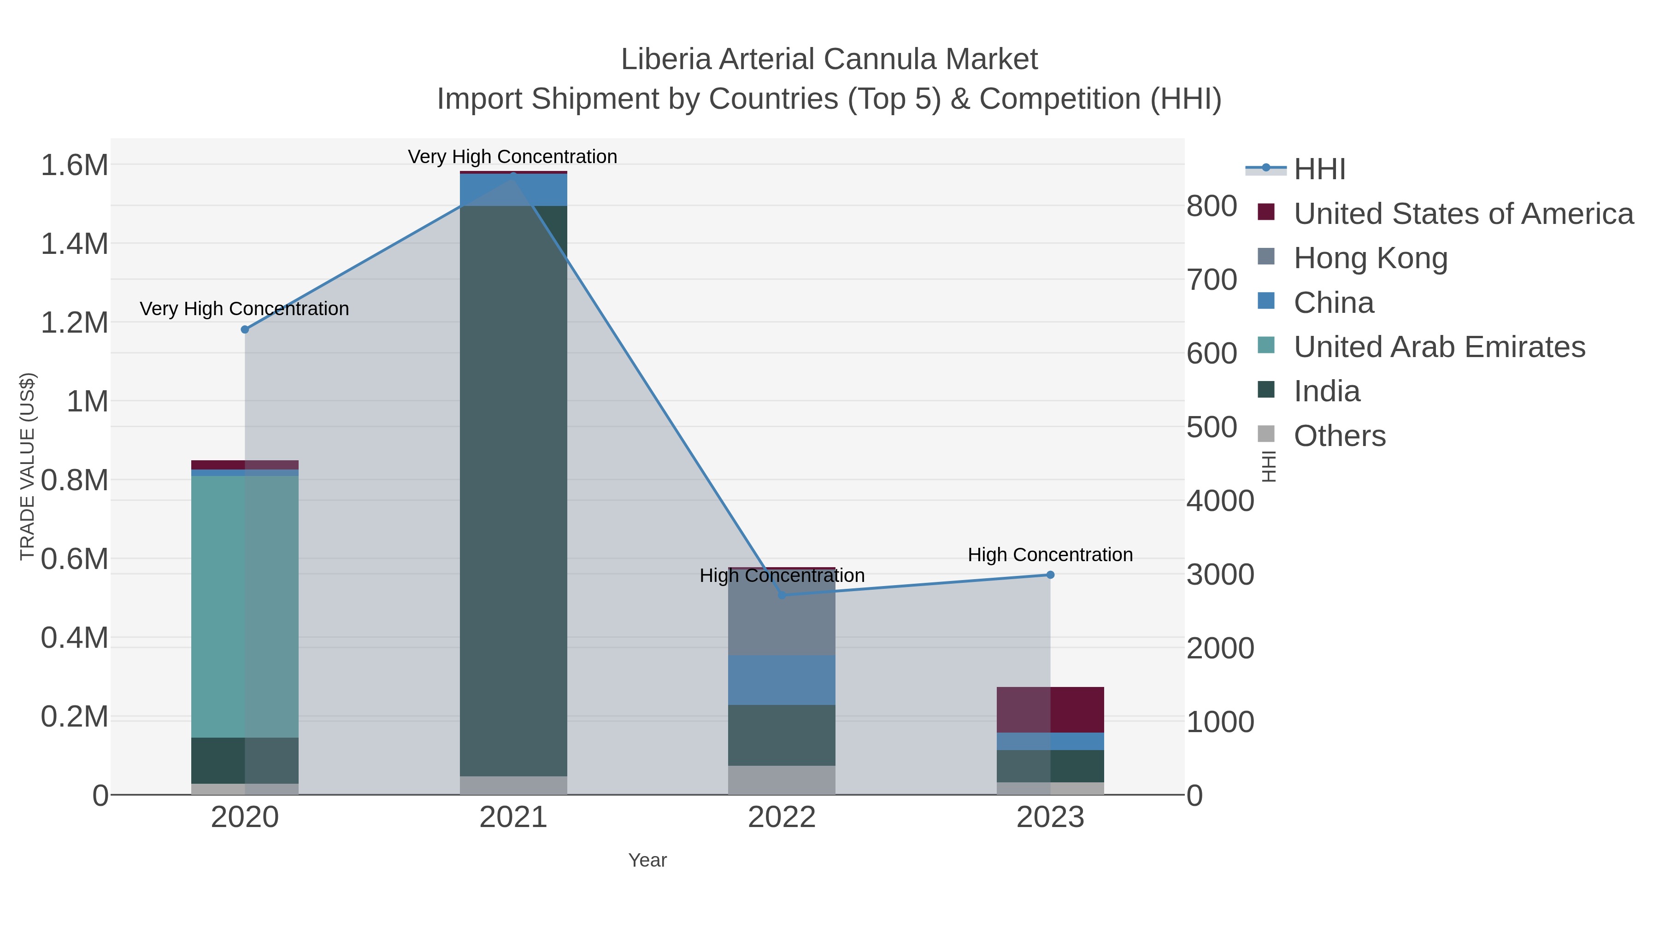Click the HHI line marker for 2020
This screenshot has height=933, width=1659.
point(245,330)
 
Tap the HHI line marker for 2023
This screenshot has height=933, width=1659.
point(1050,575)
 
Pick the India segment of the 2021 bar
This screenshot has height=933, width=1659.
point(513,489)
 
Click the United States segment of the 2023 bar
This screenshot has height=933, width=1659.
point(1050,710)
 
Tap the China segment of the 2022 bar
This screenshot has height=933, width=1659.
point(782,680)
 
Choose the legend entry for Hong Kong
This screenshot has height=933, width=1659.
point(1370,258)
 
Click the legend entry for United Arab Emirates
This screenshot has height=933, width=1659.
point(1439,347)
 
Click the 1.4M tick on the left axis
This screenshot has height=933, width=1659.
point(75,245)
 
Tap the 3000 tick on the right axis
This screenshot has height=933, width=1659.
point(1220,575)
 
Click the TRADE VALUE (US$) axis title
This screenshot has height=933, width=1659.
point(27,466)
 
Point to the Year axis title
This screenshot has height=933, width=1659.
point(647,860)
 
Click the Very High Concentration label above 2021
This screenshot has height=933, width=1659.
point(512,157)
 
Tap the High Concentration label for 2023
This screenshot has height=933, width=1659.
point(1050,555)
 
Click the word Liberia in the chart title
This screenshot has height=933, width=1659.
point(666,59)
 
